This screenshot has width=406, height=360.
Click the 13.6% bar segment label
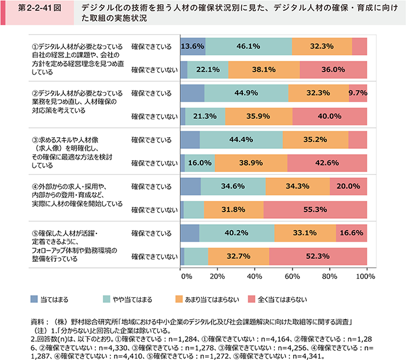193,46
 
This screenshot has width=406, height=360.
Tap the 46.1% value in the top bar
248,46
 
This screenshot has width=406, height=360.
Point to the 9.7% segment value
358,93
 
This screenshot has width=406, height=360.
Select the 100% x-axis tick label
358,276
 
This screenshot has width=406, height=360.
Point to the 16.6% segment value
351,233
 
